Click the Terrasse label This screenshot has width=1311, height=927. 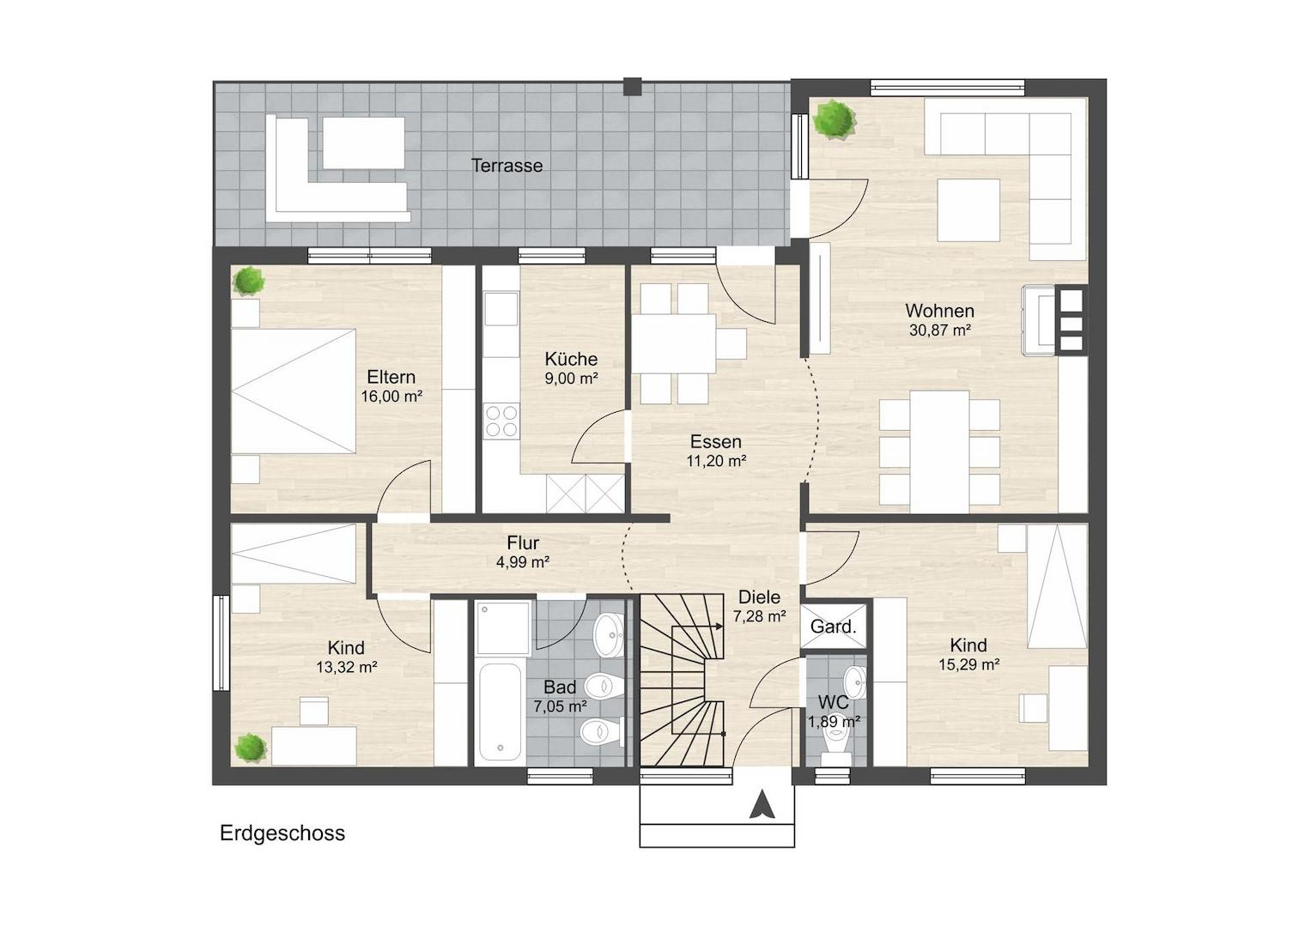coord(507,166)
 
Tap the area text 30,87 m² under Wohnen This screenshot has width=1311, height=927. coord(940,330)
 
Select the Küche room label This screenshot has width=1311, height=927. coord(571,359)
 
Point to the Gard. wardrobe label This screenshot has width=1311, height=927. coord(833,627)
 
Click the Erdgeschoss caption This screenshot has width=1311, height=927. coord(282,833)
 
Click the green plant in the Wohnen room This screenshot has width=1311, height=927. coord(834,119)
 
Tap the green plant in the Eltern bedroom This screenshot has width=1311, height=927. coord(249,281)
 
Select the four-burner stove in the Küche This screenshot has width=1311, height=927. coord(501,421)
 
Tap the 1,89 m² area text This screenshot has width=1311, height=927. coord(834,722)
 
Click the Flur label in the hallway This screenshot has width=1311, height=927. coord(523,543)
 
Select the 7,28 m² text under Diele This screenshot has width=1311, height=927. coord(759,616)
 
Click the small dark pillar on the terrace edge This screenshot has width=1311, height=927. coord(632,87)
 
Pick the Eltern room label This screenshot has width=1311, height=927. coord(391,377)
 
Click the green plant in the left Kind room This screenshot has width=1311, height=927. coord(251,748)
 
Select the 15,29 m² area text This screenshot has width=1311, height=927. coord(968,665)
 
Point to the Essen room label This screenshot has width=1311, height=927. coord(715,441)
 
